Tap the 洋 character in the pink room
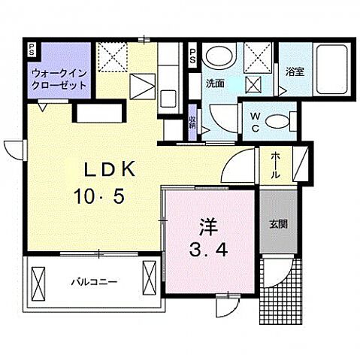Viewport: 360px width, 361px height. point(209,225)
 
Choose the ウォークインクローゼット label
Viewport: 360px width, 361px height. point(58,79)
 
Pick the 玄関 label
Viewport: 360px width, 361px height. point(278,223)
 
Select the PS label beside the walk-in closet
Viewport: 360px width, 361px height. point(31,51)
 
